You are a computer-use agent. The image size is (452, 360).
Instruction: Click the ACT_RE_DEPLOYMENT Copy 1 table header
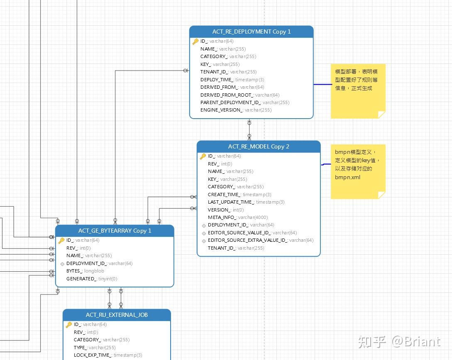251,32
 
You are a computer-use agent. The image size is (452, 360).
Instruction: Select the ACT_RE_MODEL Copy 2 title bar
259,147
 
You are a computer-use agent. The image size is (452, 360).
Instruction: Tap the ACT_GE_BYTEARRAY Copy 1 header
115,231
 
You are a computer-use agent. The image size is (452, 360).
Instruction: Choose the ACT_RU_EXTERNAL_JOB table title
117,315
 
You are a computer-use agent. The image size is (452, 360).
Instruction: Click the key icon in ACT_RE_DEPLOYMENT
195,41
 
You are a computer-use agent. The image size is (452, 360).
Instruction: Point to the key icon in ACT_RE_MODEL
203,156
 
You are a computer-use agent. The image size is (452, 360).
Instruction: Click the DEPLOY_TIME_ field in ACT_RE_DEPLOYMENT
232,80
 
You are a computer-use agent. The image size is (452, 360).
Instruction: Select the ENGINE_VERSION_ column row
236,110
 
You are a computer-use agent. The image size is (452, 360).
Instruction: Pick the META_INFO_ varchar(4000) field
237,217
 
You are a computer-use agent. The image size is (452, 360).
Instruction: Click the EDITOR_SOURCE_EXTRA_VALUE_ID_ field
260,240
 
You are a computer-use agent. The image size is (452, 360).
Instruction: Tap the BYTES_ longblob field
85,271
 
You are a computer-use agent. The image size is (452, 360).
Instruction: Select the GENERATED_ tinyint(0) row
91,279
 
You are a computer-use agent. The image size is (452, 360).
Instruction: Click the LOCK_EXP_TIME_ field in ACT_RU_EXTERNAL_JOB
108,355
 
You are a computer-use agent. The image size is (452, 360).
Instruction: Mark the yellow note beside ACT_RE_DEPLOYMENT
358,91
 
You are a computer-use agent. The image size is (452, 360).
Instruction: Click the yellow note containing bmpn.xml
358,171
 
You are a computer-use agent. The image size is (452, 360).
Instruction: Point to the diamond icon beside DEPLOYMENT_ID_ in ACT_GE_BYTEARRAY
62,263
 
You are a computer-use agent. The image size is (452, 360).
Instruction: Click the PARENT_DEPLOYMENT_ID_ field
244,102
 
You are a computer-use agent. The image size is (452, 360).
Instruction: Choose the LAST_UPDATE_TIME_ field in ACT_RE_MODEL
246,202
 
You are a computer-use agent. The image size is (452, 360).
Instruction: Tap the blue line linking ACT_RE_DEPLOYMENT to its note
322,85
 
